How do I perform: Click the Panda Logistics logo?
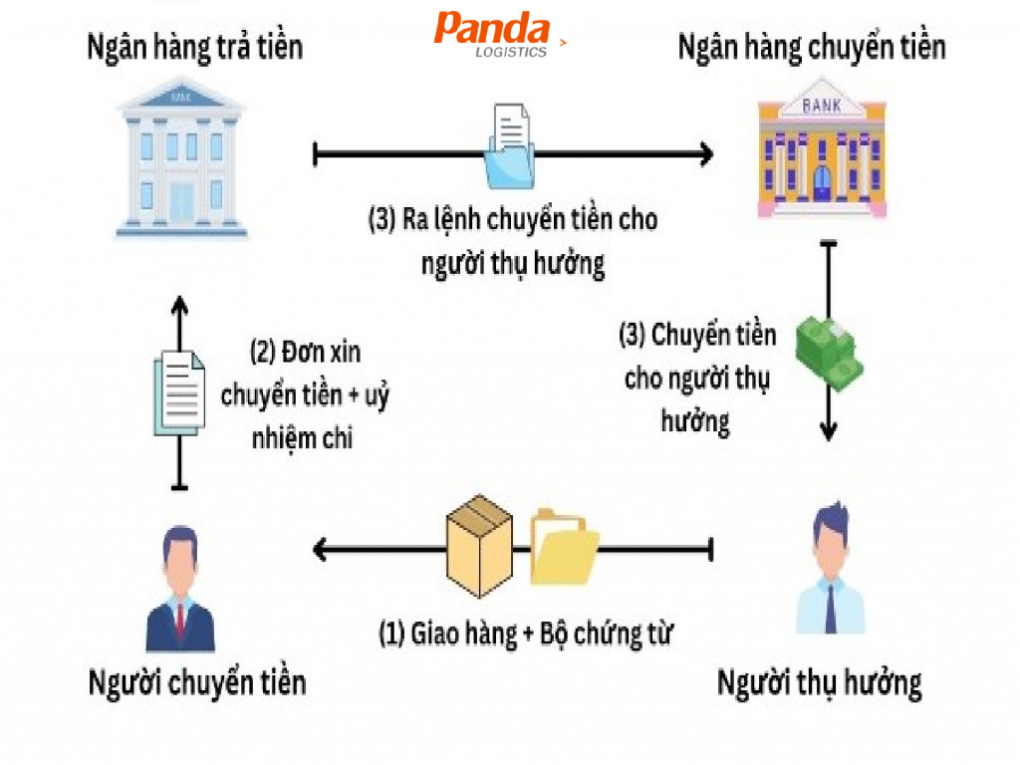click(493, 34)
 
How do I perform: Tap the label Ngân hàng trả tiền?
click(194, 47)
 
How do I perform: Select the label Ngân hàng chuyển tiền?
click(811, 47)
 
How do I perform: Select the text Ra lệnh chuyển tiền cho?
click(513, 220)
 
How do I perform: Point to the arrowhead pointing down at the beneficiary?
click(827, 432)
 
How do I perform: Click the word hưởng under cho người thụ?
click(695, 420)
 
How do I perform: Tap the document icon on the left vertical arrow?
click(178, 392)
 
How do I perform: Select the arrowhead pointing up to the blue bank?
click(179, 304)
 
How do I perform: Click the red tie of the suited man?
click(180, 618)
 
